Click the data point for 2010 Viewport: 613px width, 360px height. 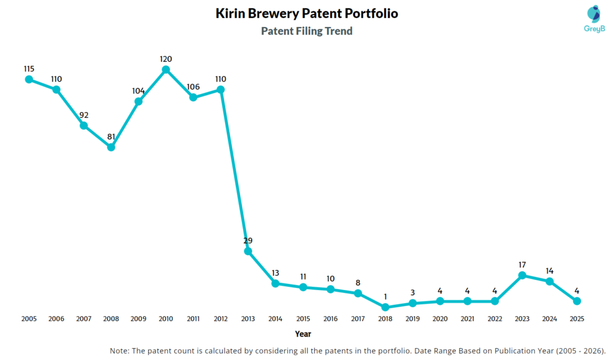166,69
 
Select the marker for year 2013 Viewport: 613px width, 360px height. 248,251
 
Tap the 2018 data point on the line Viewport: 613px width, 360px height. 385,307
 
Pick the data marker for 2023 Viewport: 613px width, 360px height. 522,275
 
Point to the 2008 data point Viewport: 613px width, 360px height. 111,147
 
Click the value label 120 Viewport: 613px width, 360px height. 166,59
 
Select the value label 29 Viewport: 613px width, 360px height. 248,240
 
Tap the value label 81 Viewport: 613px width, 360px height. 111,136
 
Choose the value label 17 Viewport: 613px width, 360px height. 522,264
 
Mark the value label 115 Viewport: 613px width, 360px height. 29,69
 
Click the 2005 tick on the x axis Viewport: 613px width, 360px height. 29,319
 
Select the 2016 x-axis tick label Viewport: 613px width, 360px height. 330,319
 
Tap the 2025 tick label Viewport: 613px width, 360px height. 576,319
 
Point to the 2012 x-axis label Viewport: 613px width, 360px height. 221,319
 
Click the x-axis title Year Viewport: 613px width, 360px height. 303,334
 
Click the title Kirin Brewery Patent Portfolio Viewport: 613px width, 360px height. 306,13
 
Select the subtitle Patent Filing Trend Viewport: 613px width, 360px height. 306,31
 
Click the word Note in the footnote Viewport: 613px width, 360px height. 120,350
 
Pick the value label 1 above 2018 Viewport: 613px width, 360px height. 385,297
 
